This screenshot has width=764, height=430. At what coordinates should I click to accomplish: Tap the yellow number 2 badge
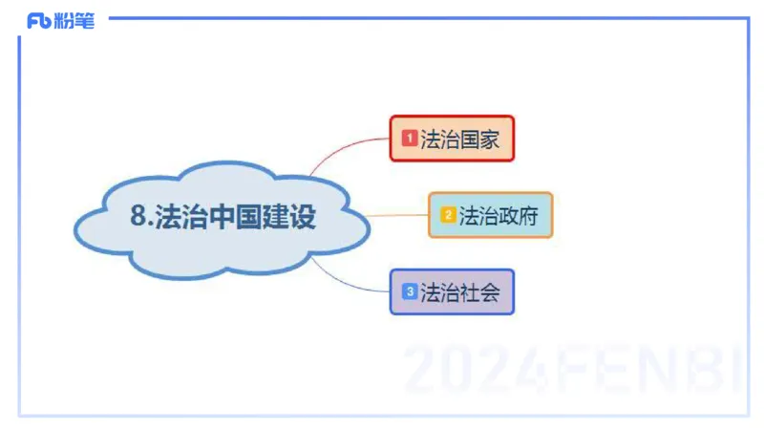click(x=448, y=215)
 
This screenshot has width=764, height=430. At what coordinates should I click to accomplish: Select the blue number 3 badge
click(x=410, y=291)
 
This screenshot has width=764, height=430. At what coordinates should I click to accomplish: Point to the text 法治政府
click(x=499, y=215)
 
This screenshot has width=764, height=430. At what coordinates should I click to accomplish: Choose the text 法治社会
click(x=460, y=291)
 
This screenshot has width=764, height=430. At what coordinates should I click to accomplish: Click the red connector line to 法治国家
click(x=349, y=144)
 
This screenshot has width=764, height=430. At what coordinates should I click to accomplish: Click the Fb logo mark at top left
click(x=39, y=21)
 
